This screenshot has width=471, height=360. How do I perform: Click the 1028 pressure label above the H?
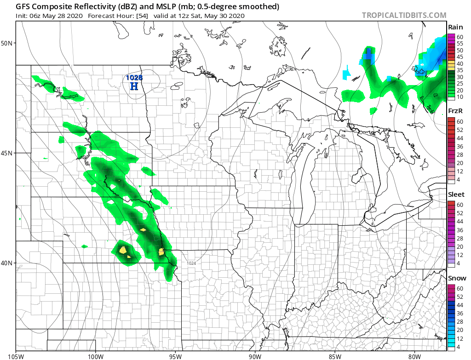134,78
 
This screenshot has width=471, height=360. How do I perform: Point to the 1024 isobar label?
191,263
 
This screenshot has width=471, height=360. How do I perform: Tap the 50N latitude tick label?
7,43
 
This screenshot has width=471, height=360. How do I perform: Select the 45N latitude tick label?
7,153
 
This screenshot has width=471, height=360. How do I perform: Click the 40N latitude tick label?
7,263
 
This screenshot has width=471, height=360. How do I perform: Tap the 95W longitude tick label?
175,355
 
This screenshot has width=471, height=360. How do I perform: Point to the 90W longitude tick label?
255,355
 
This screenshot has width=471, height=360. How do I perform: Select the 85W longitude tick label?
335,355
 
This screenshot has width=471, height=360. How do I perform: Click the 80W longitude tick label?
414,355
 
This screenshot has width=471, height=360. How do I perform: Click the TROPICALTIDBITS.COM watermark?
404,15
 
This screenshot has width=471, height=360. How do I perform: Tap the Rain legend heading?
455,28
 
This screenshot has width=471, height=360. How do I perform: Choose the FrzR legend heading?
456,111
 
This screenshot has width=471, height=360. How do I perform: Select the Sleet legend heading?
456,194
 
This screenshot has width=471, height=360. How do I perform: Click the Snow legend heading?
457,278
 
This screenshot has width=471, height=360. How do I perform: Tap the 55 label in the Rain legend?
460,43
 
